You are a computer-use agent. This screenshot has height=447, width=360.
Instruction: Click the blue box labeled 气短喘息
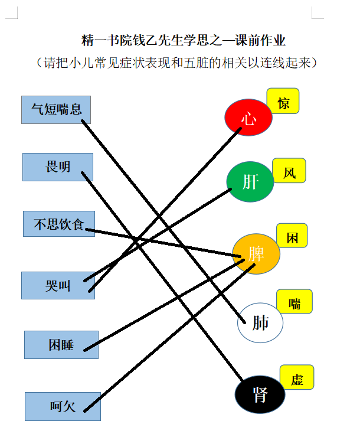coord(56,110)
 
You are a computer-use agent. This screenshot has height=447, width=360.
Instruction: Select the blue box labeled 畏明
coord(58,167)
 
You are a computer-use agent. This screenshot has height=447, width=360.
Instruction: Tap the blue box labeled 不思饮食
coord(59,224)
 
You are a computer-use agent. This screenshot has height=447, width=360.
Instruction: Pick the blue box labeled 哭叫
coord(58,285)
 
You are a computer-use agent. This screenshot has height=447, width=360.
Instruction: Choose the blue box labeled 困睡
coord(61,345)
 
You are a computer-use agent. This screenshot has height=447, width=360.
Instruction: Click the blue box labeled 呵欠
coord(63,406)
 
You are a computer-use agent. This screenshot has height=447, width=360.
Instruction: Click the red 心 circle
coord(248,117)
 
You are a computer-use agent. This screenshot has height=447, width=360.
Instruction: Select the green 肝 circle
coord(250,182)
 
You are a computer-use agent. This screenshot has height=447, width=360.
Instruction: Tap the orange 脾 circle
coord(256,254)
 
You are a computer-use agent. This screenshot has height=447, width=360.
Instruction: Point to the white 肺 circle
coord(260,323)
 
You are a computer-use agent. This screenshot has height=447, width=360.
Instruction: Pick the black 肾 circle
coord(260,394)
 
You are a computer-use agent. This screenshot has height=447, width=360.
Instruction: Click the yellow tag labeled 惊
coord(283,101)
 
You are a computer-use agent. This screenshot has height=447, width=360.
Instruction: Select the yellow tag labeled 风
coord(289,171)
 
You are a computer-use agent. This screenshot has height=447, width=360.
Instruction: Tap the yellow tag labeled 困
coord(292,236)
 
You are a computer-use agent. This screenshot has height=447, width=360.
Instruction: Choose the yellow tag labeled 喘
coord(294,301)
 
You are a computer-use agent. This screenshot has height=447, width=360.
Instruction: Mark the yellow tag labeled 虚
coord(297,377)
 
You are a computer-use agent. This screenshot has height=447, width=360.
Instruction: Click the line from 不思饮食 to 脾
coord(163,243)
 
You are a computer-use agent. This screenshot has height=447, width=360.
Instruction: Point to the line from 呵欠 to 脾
coord(169,338)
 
